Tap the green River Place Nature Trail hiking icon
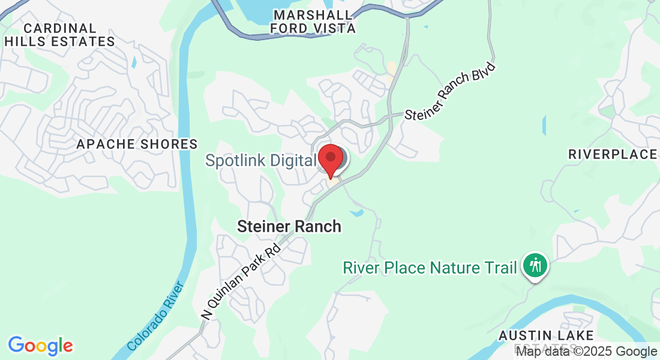(x=533, y=265)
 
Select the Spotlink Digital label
(x=260, y=161)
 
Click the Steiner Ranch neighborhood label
(x=289, y=226)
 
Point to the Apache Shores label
(x=137, y=144)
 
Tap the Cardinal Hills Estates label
(x=60, y=35)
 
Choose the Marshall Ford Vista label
(x=313, y=21)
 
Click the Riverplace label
(x=613, y=154)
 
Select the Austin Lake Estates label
(x=546, y=341)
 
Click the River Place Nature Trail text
(x=430, y=267)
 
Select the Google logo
(x=40, y=345)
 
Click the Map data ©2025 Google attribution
(x=586, y=351)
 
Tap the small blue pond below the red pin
(x=356, y=212)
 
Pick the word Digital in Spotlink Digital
(x=294, y=161)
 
